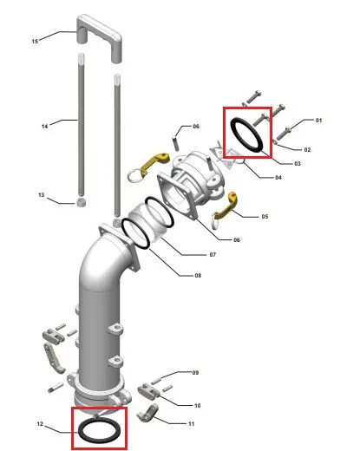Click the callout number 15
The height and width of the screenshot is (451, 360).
pyautogui.click(x=35, y=42)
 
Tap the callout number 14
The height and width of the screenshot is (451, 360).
pyautogui.click(x=44, y=126)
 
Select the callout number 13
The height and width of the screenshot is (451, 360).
pyautogui.click(x=42, y=195)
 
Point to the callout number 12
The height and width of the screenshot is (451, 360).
pyautogui.click(x=40, y=424)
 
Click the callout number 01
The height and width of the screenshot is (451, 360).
pyautogui.click(x=318, y=120)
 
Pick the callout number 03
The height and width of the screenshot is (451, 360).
pyautogui.click(x=298, y=164)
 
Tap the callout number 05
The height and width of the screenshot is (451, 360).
pyautogui.click(x=265, y=216)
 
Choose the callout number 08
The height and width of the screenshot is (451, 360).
pyautogui.click(x=198, y=276)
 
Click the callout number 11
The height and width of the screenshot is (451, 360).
pyautogui.click(x=191, y=424)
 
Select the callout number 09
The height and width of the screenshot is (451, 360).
pyautogui.click(x=195, y=373)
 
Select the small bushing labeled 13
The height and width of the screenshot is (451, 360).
pyautogui.click(x=82, y=202)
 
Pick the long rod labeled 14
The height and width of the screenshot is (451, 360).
pyautogui.click(x=82, y=124)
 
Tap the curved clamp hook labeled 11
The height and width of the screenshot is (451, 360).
pyautogui.click(x=148, y=413)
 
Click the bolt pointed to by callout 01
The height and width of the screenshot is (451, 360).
pyautogui.click(x=284, y=134)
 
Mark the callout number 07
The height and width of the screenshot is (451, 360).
pyautogui.click(x=213, y=255)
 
